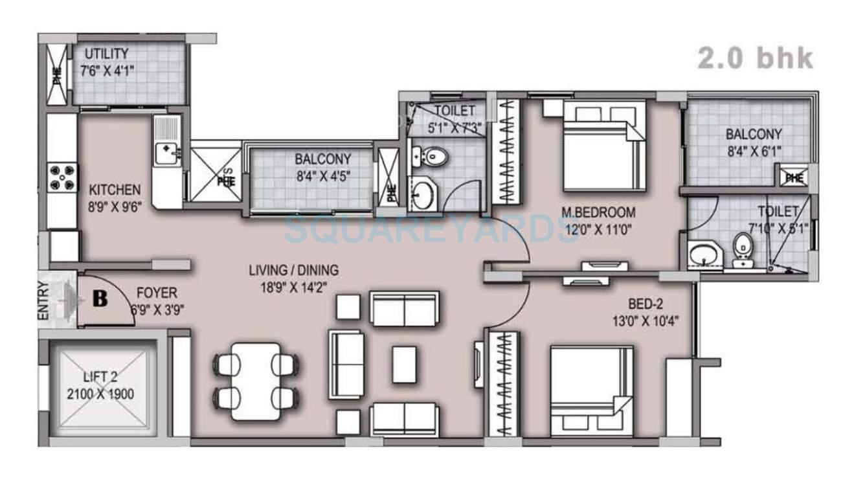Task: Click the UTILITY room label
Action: click(x=106, y=54)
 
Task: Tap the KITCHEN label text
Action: click(x=115, y=190)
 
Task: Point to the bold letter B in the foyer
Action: click(x=100, y=299)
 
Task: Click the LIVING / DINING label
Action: click(x=293, y=270)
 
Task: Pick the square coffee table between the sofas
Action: click(x=404, y=364)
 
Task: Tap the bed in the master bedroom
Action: click(x=603, y=145)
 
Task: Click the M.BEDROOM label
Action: click(x=598, y=212)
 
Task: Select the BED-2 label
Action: click(x=645, y=303)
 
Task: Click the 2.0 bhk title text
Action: click(x=754, y=58)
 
